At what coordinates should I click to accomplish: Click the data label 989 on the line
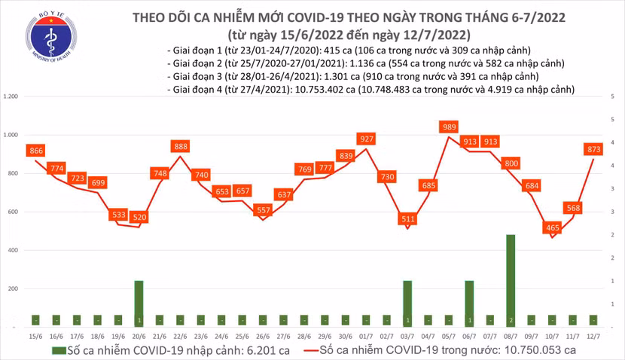pyautogui.click(x=450, y=127)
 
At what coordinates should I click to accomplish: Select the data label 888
pyautogui.click(x=180, y=146)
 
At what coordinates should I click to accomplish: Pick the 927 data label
pyautogui.click(x=367, y=139)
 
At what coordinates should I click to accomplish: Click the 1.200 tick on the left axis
pyautogui.click(x=11, y=97)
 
